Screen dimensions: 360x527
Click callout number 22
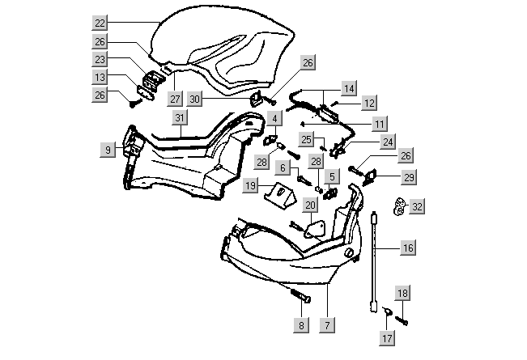[x=99, y=22]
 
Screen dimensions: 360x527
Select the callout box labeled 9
[x=107, y=149]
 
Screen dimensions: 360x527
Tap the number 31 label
[x=181, y=118]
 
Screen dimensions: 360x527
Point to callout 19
[x=251, y=187]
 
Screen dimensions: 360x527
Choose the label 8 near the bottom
[x=301, y=325]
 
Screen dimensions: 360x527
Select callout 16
[x=408, y=248]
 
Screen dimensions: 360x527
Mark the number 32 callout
[x=417, y=207]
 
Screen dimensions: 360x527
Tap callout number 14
[x=349, y=87]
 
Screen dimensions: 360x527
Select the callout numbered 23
[x=99, y=59]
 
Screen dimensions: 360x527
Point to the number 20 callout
[x=310, y=205]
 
